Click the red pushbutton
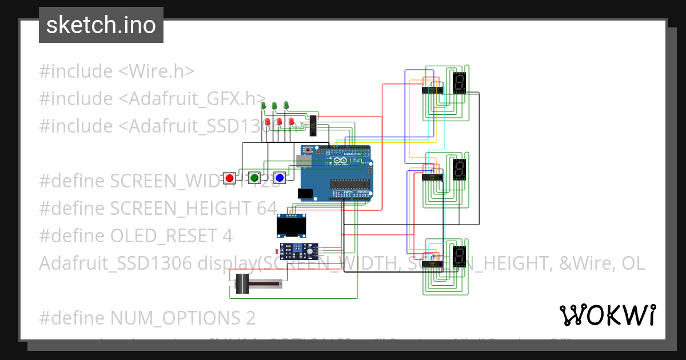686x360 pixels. tap(230, 178)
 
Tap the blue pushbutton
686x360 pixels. tap(279, 178)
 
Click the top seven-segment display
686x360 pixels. tap(458, 83)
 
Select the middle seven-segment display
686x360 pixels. tap(458, 170)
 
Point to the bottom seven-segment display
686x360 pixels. tap(458, 257)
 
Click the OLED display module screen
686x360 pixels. tap(291, 227)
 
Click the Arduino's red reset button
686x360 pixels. tap(309, 150)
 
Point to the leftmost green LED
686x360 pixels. tap(263, 106)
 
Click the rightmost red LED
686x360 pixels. tap(291, 122)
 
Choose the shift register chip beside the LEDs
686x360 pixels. tap(313, 126)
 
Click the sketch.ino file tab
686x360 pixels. tap(101, 25)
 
